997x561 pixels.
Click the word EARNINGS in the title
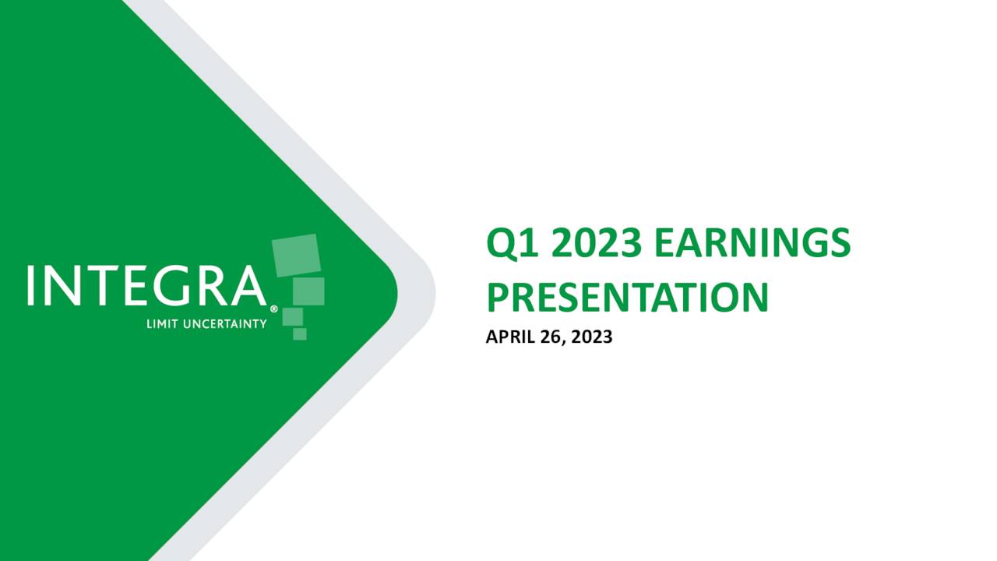pos(752,244)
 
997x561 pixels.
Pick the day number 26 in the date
pos(548,337)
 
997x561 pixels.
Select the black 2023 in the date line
pos(592,337)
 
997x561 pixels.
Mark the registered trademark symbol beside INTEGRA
pos(273,309)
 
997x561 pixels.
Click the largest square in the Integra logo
pos(297,256)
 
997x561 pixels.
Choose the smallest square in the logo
pos(300,333)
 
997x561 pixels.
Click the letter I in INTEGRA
pos(31,286)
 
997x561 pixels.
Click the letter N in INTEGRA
pos(62,286)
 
